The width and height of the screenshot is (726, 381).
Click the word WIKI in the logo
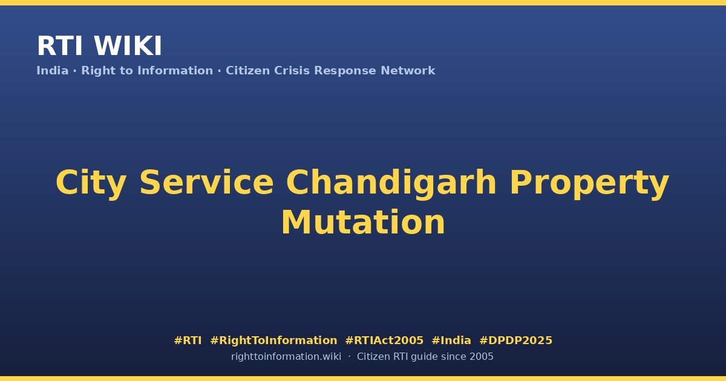[x=128, y=46]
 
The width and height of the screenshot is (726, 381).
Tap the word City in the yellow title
[x=91, y=183]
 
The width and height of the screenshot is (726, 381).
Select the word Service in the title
[x=207, y=183]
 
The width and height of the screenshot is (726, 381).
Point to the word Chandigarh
[x=391, y=183]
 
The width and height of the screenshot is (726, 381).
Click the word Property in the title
[x=589, y=184]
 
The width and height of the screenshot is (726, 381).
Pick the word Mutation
[x=363, y=223]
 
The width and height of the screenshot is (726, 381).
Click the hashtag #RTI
[x=188, y=340]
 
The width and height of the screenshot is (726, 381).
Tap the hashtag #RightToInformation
[x=273, y=340]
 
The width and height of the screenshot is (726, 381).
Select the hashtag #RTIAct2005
[x=384, y=340]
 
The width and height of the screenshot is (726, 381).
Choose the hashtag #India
[x=451, y=340]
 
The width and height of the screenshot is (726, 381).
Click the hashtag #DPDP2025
[x=515, y=340]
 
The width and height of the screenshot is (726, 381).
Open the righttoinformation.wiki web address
[x=286, y=357]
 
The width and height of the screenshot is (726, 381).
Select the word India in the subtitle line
[x=53, y=71]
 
